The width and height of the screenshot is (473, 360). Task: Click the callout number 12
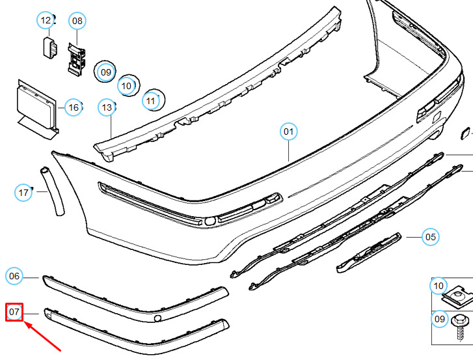46,20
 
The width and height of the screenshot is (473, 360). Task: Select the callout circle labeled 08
77,21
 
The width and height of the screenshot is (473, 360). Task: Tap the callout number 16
74,107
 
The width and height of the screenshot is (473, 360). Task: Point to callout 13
107,107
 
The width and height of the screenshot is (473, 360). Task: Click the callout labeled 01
289,132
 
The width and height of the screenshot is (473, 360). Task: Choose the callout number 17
23,193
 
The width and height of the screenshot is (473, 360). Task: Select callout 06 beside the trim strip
14,276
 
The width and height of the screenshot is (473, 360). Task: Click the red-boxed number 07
14,312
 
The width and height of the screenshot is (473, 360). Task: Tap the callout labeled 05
431,237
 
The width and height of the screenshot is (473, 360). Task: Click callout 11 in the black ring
150,101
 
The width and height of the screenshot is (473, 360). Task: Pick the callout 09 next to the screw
440,319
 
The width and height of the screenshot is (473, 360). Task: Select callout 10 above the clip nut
439,286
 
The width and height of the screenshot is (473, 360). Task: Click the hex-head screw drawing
460,327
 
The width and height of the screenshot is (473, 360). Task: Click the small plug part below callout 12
50,48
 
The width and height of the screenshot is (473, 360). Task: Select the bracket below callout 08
76,59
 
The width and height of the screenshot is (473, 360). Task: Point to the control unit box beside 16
37,109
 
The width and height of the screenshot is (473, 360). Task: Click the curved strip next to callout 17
53,191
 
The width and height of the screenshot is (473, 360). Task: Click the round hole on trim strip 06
157,318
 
